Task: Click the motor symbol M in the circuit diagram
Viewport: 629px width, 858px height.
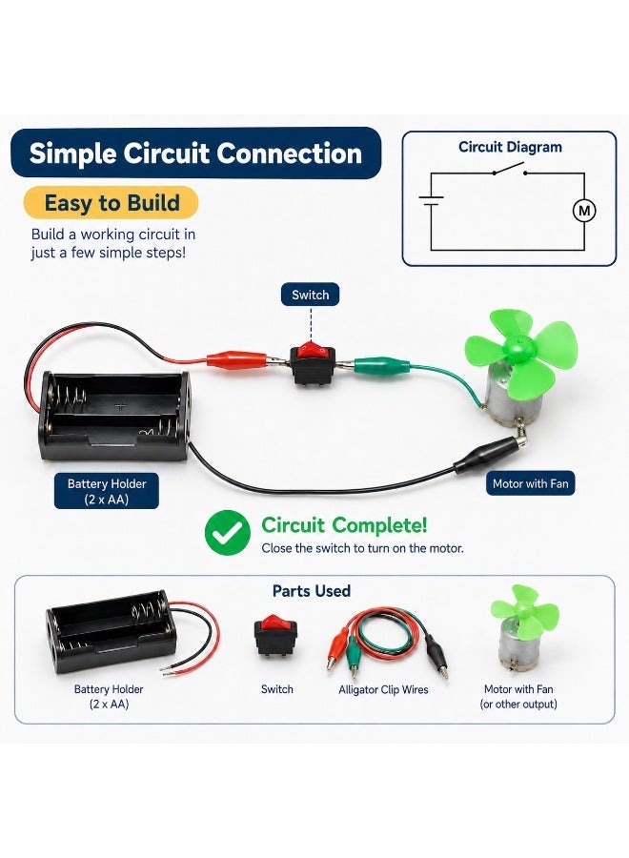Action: coord(584,211)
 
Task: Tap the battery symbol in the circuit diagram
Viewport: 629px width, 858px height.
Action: coord(431,201)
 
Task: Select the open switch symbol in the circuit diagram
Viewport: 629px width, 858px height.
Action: coord(509,169)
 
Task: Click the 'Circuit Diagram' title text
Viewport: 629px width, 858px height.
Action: coord(510,147)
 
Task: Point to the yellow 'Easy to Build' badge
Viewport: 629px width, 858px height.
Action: coord(112,203)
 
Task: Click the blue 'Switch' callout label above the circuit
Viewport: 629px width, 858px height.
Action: coord(310,295)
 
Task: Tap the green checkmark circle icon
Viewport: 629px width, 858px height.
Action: coord(228,533)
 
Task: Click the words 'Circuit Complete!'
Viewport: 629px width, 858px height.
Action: coord(344,525)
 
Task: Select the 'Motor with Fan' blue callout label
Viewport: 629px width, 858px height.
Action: coord(531,483)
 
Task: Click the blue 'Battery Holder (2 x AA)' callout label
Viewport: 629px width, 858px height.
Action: coord(107,491)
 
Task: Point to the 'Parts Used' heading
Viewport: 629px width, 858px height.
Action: coord(312,591)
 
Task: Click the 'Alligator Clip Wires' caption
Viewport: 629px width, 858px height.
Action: coord(383,690)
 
